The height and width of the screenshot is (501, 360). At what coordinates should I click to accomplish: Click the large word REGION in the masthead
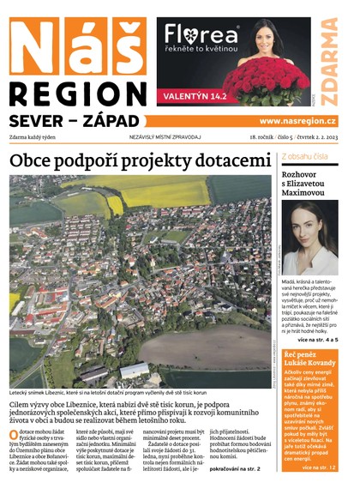[80, 94]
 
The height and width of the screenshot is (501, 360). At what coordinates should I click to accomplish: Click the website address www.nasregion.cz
[297, 122]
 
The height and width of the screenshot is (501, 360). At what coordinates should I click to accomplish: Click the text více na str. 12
[318, 468]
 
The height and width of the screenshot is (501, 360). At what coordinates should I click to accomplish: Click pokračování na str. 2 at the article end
[234, 469]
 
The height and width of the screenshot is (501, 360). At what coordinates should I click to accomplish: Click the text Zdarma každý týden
[38, 137]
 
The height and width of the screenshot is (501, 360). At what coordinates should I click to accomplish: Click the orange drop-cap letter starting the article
[14, 437]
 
